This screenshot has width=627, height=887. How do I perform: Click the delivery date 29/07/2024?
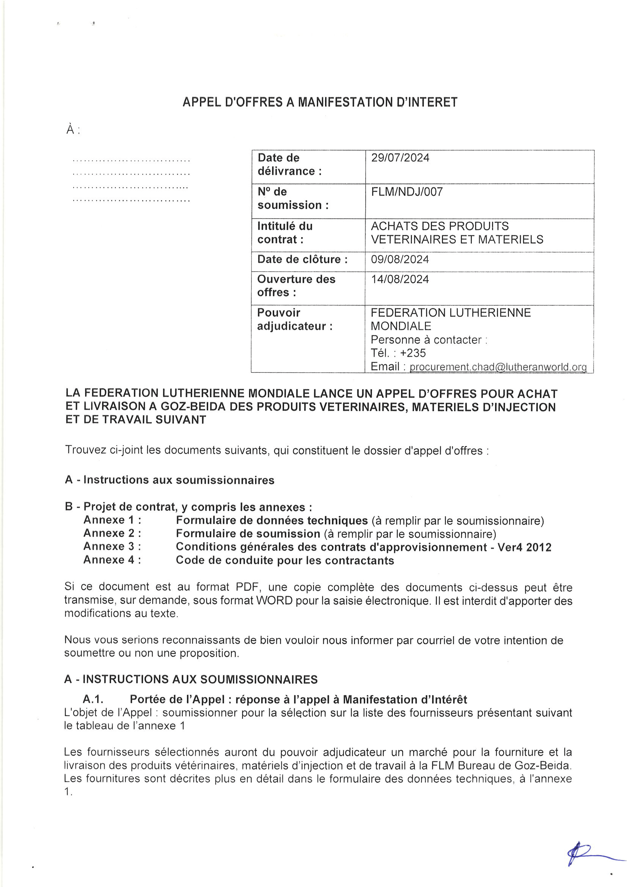click(400, 157)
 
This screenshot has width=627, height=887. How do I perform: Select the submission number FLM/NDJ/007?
click(406, 192)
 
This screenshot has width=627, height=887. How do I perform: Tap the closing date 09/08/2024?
click(399, 259)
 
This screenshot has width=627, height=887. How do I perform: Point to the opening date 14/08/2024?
click(399, 279)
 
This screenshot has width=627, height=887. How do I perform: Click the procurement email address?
click(498, 366)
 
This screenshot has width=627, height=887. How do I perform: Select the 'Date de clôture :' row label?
click(302, 259)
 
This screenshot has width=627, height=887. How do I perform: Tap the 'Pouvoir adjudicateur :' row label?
click(294, 319)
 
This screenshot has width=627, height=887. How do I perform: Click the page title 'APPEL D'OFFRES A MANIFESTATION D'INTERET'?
click(320, 102)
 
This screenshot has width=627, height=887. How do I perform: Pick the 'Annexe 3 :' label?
click(112, 546)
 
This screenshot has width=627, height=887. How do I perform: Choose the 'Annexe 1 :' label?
click(112, 520)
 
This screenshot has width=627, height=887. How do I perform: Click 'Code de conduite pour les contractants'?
click(285, 560)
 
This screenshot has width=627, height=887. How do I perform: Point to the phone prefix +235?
click(413, 353)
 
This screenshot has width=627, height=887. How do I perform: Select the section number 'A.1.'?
click(93, 699)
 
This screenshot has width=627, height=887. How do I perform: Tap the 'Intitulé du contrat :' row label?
click(285, 233)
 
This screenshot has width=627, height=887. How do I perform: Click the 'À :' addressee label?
click(72, 130)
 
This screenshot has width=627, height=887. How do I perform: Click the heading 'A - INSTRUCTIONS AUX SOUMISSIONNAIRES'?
click(191, 679)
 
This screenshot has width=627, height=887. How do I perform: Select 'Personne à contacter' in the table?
click(426, 340)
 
